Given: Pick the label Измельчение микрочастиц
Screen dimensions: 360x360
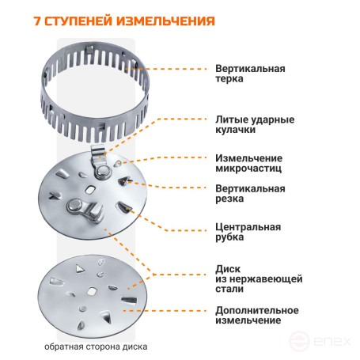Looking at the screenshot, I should click(x=251, y=164).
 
